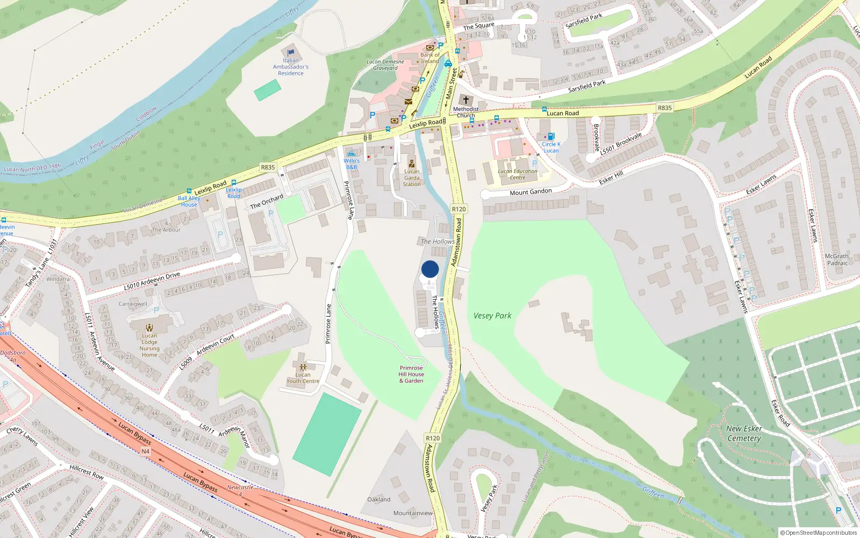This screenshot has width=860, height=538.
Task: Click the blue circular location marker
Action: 430,269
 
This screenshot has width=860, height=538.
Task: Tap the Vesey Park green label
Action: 492,316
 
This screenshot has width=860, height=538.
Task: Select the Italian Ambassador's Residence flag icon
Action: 291,52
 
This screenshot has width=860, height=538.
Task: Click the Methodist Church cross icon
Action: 465,100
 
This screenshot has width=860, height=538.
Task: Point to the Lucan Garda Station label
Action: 412,178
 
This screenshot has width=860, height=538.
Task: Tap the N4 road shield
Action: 145,451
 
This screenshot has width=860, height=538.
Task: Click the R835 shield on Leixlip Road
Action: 268,167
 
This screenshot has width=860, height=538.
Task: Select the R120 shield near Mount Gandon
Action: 458,209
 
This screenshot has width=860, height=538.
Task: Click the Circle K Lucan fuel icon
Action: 550,137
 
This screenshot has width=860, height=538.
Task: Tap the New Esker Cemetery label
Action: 744,434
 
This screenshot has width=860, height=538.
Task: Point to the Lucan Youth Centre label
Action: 303,378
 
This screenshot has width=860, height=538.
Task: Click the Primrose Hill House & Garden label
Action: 411,374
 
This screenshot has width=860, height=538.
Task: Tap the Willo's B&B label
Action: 352,164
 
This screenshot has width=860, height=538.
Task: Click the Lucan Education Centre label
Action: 517,174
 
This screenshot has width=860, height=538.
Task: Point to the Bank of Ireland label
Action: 430,58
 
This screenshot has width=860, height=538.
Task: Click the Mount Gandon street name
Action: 531,192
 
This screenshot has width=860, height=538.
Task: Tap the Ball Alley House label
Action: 189,201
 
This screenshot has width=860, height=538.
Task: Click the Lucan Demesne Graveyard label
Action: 385,65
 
